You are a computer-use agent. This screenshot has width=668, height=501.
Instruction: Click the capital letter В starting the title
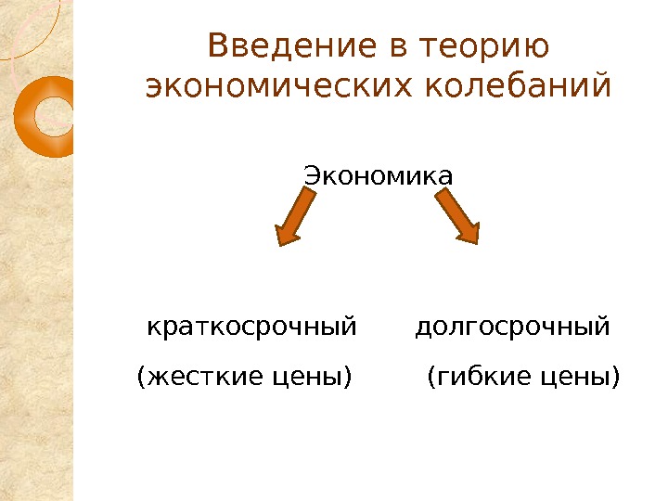click(218, 45)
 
